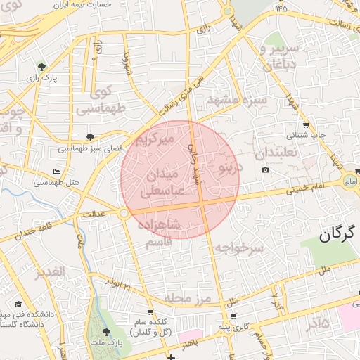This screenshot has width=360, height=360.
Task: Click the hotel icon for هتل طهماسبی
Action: (57, 172)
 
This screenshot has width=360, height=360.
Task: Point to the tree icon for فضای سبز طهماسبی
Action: (89, 137)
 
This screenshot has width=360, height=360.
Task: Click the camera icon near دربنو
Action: (264, 170)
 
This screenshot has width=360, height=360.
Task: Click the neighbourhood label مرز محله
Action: (188, 299)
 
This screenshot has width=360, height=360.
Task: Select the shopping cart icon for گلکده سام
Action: (150, 311)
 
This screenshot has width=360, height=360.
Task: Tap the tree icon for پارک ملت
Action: (106, 331)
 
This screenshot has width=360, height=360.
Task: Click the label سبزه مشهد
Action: (237, 100)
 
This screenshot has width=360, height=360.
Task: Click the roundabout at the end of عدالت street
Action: (124, 212)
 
